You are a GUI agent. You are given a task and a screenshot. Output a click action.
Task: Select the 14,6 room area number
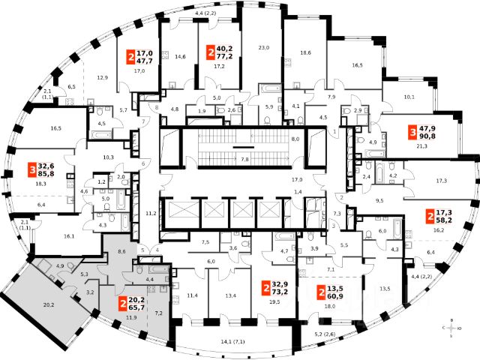click(x=180, y=56)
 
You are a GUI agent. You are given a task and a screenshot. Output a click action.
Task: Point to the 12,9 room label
click(x=103, y=77)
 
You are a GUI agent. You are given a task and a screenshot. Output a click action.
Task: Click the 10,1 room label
click(x=409, y=97)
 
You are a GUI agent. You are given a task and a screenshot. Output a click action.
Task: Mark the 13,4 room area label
click(x=230, y=295)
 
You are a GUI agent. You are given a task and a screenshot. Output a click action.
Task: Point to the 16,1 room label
click(x=69, y=236)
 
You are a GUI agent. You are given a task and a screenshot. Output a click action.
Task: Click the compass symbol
click(x=451, y=328)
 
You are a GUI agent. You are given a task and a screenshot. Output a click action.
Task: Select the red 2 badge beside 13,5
click(x=321, y=292)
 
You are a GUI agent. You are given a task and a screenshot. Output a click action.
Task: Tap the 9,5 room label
click(x=380, y=200)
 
